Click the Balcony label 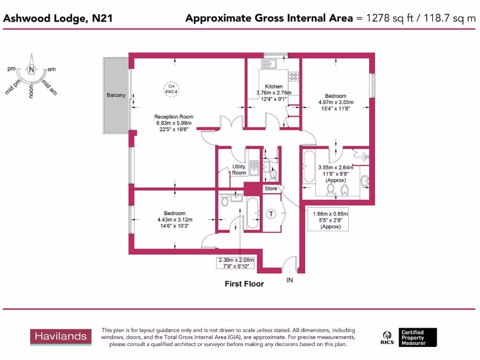pyautogui.click(x=116, y=95)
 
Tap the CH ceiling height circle pyautogui.click(x=171, y=89)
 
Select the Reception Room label pyautogui.click(x=174, y=117)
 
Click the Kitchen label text pyautogui.click(x=274, y=86)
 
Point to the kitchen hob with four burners pyautogui.click(x=294, y=75)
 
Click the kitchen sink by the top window pyautogui.click(x=270, y=63)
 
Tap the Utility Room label pyautogui.click(x=239, y=170)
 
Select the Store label pyautogui.click(x=271, y=188)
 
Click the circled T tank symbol pyautogui.click(x=271, y=214)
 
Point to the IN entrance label pyautogui.click(x=290, y=280)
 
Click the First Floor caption pyautogui.click(x=244, y=284)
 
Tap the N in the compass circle pyautogui.click(x=31, y=69)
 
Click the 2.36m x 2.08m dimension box pyautogui.click(x=236, y=263)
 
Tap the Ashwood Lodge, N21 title pyautogui.click(x=58, y=18)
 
